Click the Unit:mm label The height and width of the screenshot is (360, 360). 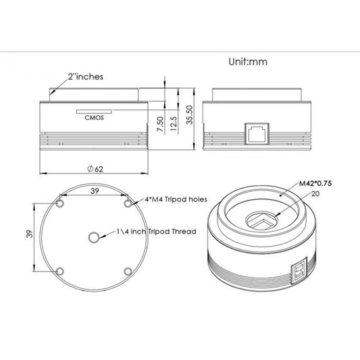[248, 61]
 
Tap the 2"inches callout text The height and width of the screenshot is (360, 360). [85, 76]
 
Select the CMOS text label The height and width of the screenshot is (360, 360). [94, 118]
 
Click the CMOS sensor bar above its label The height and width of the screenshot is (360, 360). [94, 111]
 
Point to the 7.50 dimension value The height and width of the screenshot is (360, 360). [160, 124]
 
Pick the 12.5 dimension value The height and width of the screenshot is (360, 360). [174, 124]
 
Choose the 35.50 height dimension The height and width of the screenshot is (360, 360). [189, 115]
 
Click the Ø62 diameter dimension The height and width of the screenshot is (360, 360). [95, 169]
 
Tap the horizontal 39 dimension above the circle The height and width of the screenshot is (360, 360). [95, 190]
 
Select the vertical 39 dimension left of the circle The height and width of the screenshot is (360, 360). [30, 234]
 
